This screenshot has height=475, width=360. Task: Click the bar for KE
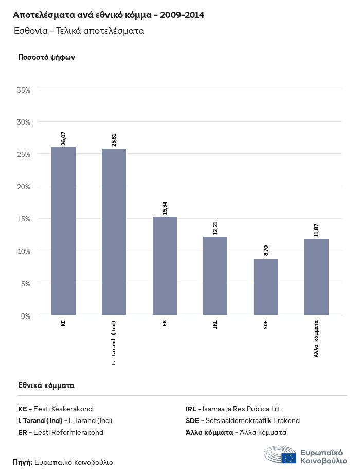coord(63,231)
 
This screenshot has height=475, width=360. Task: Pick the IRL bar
coord(215,276)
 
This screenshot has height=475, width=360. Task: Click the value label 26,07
coord(64,138)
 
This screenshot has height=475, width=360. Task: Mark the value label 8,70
coord(266,251)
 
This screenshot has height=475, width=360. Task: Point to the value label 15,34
coord(165,207)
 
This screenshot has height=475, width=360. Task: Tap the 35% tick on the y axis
coord(24,90)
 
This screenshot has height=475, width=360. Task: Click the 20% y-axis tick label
coord(24,187)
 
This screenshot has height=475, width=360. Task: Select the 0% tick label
coord(26,315)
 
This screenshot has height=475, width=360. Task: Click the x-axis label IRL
coord(215,324)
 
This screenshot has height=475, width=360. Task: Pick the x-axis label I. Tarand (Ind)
coord(114,342)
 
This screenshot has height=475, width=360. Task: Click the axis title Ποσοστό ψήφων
coord(47,57)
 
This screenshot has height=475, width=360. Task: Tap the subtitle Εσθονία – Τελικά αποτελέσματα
coord(79,31)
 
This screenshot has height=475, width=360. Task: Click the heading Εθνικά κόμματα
coord(46,385)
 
